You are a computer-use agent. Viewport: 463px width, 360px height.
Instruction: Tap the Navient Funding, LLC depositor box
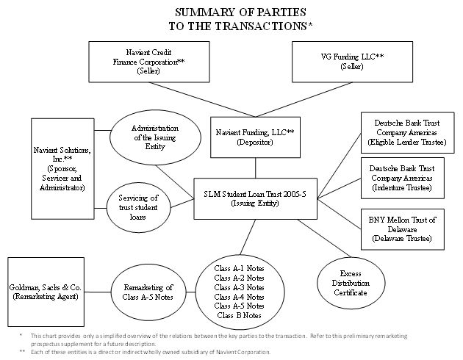[x=254, y=137]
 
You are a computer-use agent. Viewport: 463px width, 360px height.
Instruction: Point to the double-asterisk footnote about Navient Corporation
[x=147, y=351]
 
